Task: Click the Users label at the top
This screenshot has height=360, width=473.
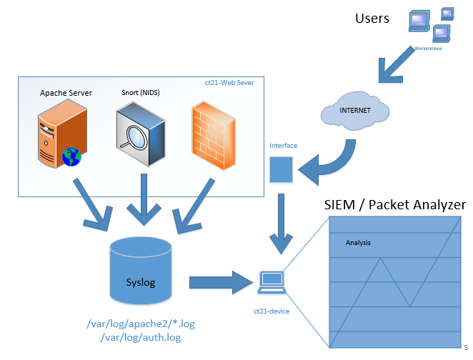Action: tap(372, 18)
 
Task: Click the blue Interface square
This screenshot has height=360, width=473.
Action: tap(281, 169)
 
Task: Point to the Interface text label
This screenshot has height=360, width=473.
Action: tap(283, 146)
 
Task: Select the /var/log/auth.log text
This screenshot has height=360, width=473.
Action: tap(141, 336)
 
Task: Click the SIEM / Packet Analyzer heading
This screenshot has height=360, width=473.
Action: tap(395, 205)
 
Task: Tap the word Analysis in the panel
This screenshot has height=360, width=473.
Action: tap(358, 243)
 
